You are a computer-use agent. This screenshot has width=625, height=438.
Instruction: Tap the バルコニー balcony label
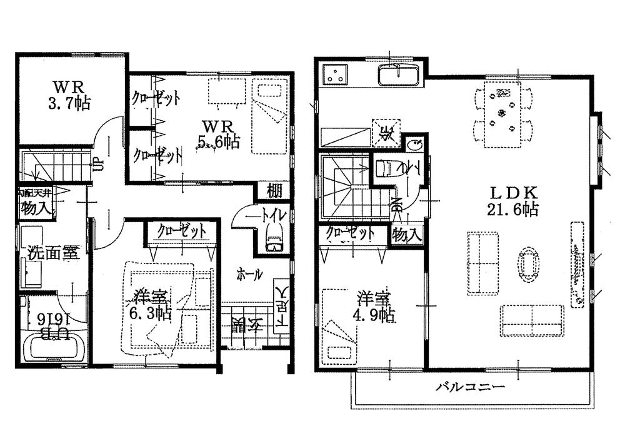click(469, 387)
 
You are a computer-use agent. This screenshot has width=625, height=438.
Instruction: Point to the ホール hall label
click(249, 274)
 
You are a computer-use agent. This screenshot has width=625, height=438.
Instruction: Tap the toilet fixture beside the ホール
click(274, 238)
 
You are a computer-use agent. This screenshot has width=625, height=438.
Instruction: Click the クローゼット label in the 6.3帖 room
click(182, 230)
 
